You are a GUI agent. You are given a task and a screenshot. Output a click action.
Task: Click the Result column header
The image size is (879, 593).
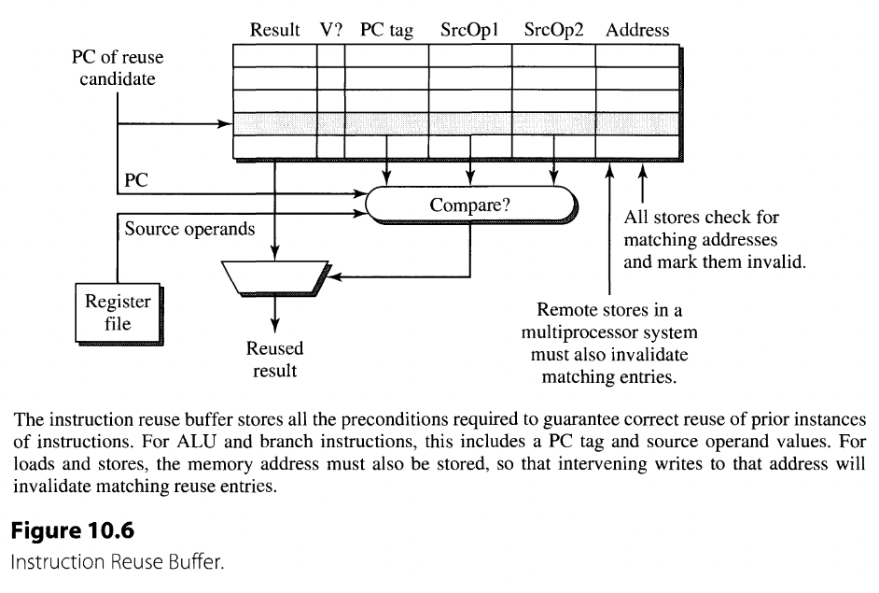point(274,30)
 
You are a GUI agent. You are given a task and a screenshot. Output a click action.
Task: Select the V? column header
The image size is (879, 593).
point(331,30)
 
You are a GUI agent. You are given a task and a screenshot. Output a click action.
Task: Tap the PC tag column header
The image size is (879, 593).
point(386,30)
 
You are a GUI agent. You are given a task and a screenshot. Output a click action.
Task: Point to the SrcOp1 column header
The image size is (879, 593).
point(469,30)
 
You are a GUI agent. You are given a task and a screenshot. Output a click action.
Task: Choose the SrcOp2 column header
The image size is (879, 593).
point(553,30)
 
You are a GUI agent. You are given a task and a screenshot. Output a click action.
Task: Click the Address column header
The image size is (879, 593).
point(637,30)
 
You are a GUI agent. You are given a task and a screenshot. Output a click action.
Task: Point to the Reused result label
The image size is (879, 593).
point(274,360)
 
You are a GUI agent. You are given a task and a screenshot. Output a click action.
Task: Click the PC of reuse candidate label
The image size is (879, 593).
point(118,68)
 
